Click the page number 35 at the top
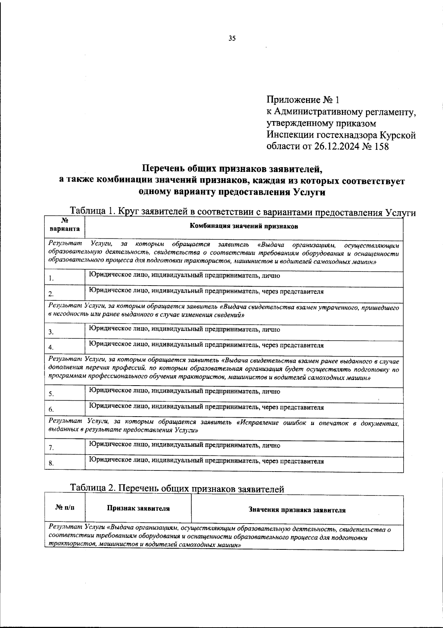232,38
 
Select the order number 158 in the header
380,147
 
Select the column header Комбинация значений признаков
244,227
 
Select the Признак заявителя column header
138,508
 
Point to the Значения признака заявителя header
297,510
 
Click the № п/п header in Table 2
65,508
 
